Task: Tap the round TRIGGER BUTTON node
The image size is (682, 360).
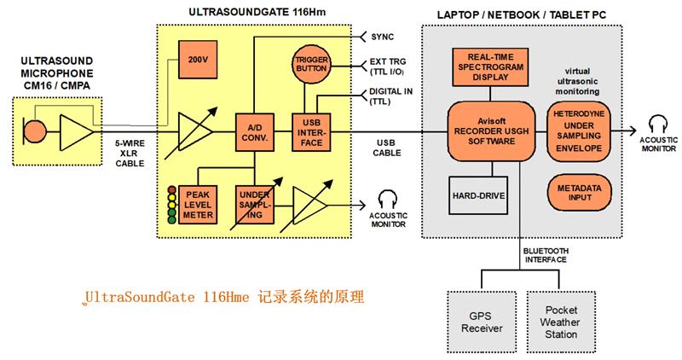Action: tap(312, 62)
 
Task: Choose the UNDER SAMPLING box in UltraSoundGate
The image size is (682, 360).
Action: tap(253, 202)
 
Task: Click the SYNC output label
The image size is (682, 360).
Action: tap(384, 37)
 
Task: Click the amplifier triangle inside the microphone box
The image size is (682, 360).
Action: tap(77, 132)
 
